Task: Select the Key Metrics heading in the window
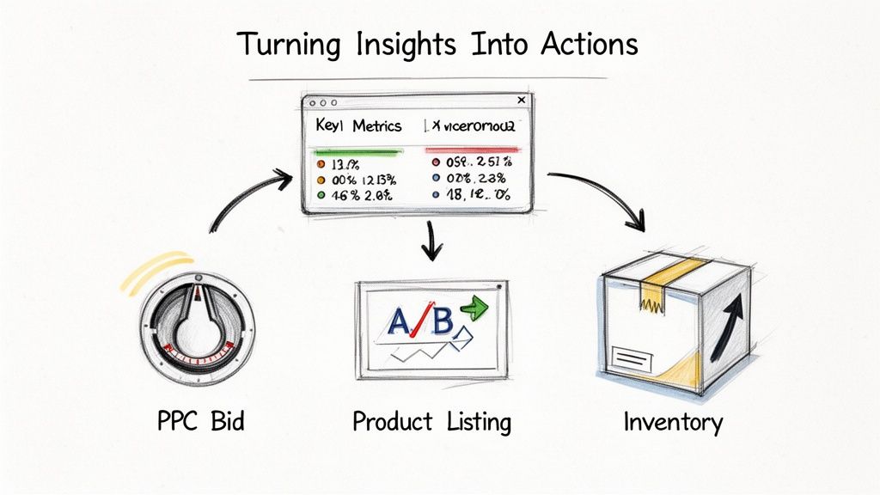click(358, 125)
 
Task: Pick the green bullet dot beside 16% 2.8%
click(321, 195)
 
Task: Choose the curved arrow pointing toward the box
click(607, 193)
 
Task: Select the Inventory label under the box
click(673, 422)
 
